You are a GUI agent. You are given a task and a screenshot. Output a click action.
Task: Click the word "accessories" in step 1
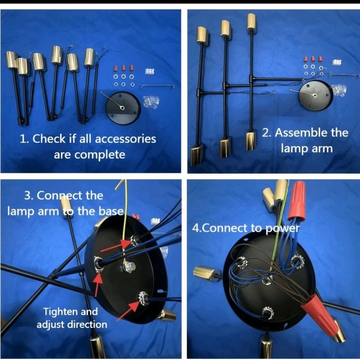pos(125,139)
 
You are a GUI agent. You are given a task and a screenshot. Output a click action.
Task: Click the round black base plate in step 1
pos(123,108)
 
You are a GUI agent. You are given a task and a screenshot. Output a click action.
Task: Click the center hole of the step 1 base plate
pos(122,107)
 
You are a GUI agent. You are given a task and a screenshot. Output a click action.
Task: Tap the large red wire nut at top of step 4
pos(297,200)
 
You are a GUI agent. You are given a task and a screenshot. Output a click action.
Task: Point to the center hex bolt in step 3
pos(128,267)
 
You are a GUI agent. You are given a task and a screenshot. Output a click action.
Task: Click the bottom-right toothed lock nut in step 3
pos(142,299)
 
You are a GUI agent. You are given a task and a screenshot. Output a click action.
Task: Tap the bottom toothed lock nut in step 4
pos(268,312)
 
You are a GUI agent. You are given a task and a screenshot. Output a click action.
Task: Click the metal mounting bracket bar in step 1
pos(157,86)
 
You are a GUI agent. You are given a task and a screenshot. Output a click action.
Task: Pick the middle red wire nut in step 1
pos(124,68)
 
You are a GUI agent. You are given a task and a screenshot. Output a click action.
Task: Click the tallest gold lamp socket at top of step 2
pos(252,22)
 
